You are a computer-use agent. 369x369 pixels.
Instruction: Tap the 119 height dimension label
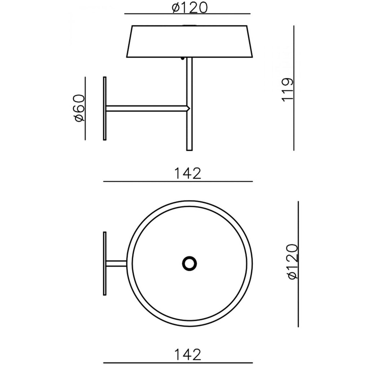click(288, 89)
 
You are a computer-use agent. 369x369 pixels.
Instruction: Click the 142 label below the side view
click(187, 173)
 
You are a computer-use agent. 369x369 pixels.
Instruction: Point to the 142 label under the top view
click(187, 355)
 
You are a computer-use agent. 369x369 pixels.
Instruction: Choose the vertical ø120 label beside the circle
click(293, 262)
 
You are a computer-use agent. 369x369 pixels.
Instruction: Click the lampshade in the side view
click(190, 41)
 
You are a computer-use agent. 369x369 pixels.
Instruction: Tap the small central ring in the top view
click(190, 263)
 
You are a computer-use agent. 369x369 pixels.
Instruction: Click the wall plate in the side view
click(105, 108)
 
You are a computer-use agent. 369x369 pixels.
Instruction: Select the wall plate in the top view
click(105, 263)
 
